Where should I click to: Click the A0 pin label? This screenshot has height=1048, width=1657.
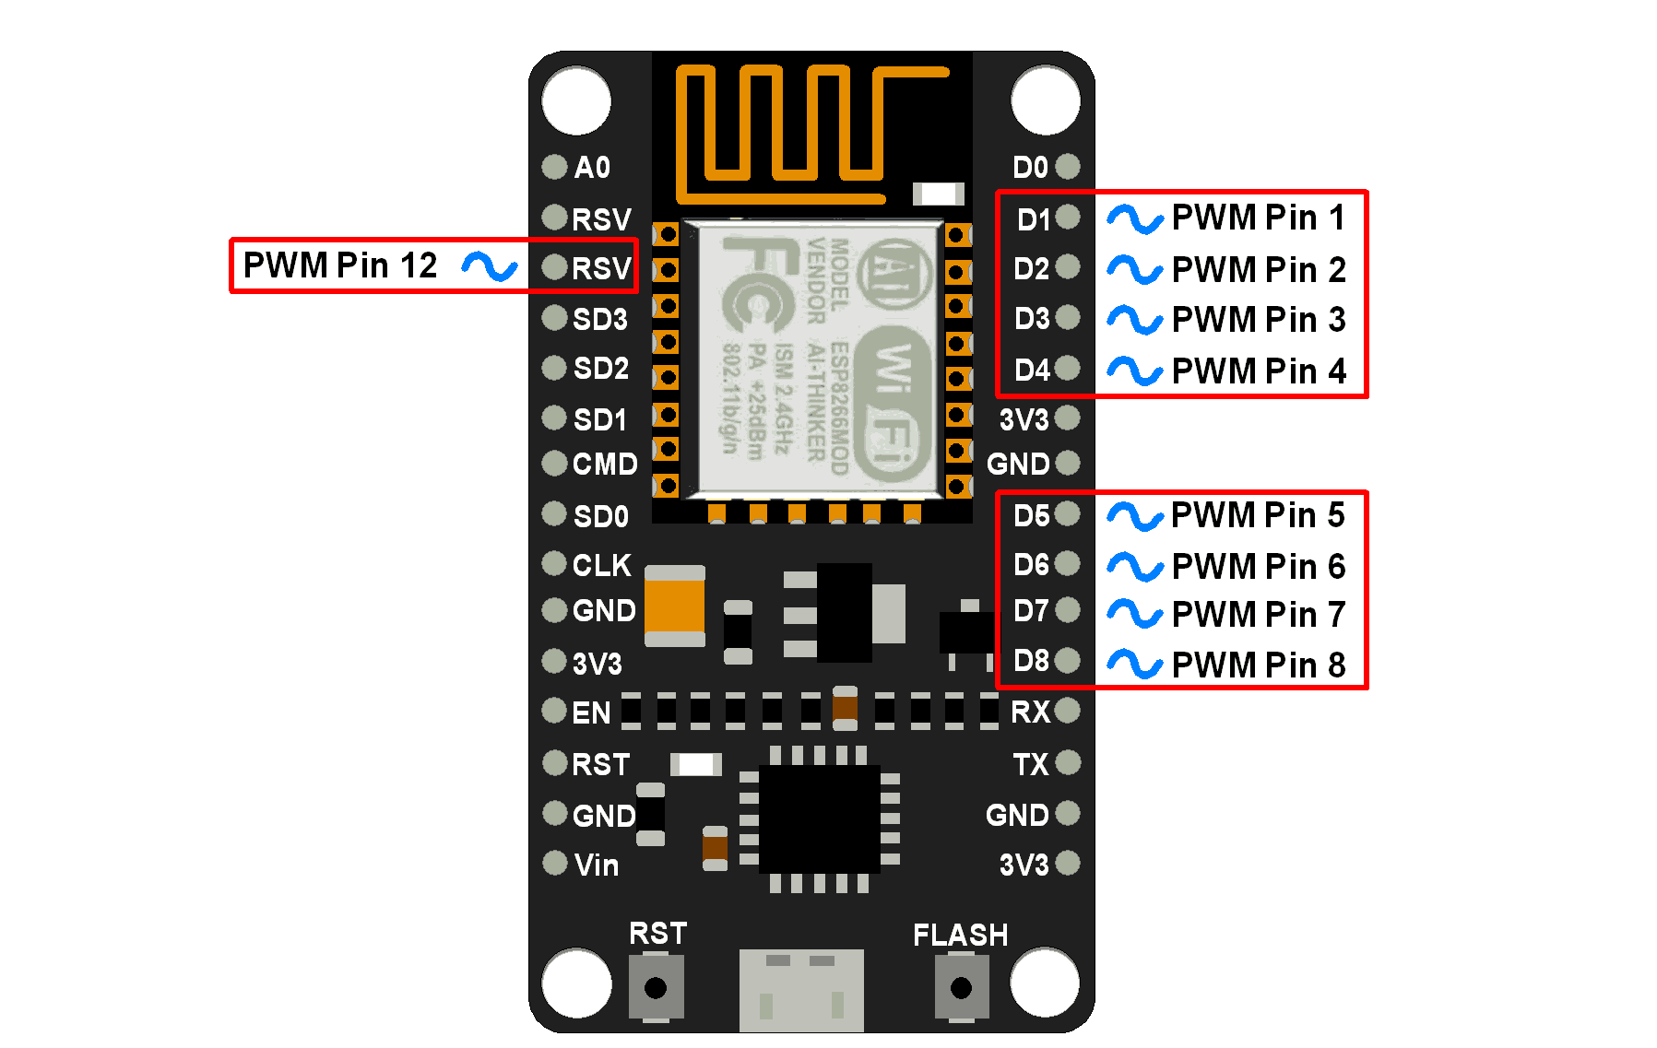point(592,167)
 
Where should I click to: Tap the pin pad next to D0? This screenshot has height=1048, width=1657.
point(1068,167)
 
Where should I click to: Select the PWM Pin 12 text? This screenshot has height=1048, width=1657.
point(340,265)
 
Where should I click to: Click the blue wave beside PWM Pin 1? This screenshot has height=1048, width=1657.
point(1134,218)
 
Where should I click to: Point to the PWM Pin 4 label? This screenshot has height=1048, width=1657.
point(1259,371)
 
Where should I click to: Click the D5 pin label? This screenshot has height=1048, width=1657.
point(1031,515)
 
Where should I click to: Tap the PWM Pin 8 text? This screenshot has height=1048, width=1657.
point(1259,665)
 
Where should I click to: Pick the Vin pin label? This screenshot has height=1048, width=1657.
point(596,865)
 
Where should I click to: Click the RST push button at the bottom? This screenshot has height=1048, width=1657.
point(656,987)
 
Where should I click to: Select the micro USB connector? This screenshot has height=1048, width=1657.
point(801,991)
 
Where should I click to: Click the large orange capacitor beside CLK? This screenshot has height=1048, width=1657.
point(675,606)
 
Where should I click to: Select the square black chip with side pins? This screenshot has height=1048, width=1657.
point(819,818)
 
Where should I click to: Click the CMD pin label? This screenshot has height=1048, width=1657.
point(604,464)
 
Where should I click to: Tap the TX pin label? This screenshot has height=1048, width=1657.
point(1030,764)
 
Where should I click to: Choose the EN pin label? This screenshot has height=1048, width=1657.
point(591,712)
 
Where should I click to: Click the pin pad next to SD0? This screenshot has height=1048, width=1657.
point(554,513)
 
